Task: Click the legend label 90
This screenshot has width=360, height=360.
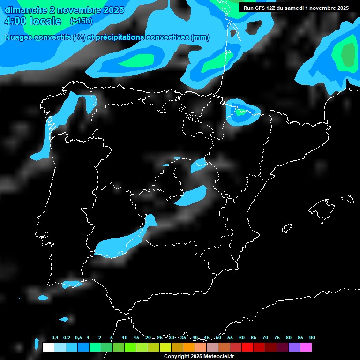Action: (x=312, y=337)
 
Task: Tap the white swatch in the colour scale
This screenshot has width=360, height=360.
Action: (x=48, y=347)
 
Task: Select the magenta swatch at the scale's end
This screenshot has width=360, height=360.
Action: (x=306, y=347)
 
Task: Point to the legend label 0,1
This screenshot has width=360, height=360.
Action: (x=55, y=337)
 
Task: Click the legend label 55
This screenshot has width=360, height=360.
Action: (x=230, y=337)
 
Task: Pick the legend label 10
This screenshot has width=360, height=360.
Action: (x=125, y=337)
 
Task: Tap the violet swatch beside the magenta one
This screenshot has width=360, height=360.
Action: (x=294, y=347)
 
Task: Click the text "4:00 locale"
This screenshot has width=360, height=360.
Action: (x=33, y=21)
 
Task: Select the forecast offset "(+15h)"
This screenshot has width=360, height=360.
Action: (x=81, y=21)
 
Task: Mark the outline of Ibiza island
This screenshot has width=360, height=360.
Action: (x=287, y=228)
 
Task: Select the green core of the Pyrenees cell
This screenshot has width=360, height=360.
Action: (x=241, y=112)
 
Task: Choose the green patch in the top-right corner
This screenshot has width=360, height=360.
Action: (x=348, y=56)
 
